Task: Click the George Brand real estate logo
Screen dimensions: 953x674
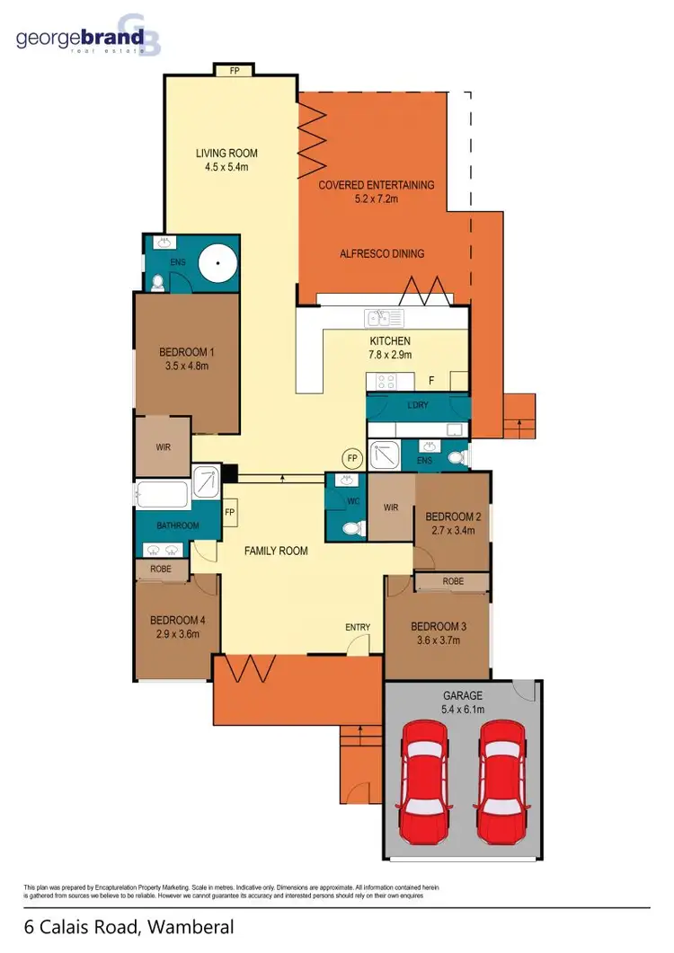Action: pyautogui.click(x=81, y=38)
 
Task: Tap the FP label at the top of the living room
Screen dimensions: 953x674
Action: pyautogui.click(x=233, y=68)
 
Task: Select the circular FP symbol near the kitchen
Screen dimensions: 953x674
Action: pyautogui.click(x=353, y=457)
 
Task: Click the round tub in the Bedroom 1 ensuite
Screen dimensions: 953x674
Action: pyautogui.click(x=216, y=264)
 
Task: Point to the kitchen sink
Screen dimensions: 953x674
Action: pyautogui.click(x=384, y=319)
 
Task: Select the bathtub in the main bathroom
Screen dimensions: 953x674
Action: pyautogui.click(x=163, y=495)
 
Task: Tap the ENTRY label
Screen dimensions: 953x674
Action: pyautogui.click(x=358, y=627)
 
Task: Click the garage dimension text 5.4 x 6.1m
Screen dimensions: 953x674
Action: pyautogui.click(x=462, y=710)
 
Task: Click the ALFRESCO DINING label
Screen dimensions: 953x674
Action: pyautogui.click(x=382, y=253)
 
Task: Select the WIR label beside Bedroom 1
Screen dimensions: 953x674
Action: pyautogui.click(x=162, y=446)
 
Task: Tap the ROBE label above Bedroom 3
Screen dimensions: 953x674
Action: pyautogui.click(x=453, y=581)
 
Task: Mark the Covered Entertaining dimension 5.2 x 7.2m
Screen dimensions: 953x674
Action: pyautogui.click(x=377, y=199)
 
